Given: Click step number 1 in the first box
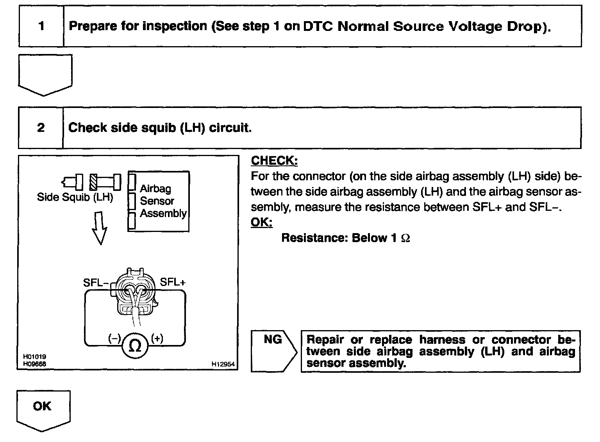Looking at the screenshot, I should pos(41,26).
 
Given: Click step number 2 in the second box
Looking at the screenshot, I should pos(41,128).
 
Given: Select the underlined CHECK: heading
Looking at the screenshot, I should pos(274,160).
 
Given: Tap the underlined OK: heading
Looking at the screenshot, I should pos(261,222).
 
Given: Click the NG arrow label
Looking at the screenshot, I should pos(273,340).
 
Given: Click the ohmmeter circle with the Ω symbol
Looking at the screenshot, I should pos(135,346).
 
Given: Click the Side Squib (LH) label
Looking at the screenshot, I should pos(75,197).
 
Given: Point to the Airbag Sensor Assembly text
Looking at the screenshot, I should pos(162,201).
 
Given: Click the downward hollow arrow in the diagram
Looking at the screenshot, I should pos(100,228).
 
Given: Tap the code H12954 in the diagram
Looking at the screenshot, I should pos(223,364).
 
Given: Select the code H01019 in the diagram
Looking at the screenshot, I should pos(34,357).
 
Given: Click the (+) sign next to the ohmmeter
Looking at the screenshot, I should pos(157,338).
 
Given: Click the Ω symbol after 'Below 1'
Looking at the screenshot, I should pos(405,238).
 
